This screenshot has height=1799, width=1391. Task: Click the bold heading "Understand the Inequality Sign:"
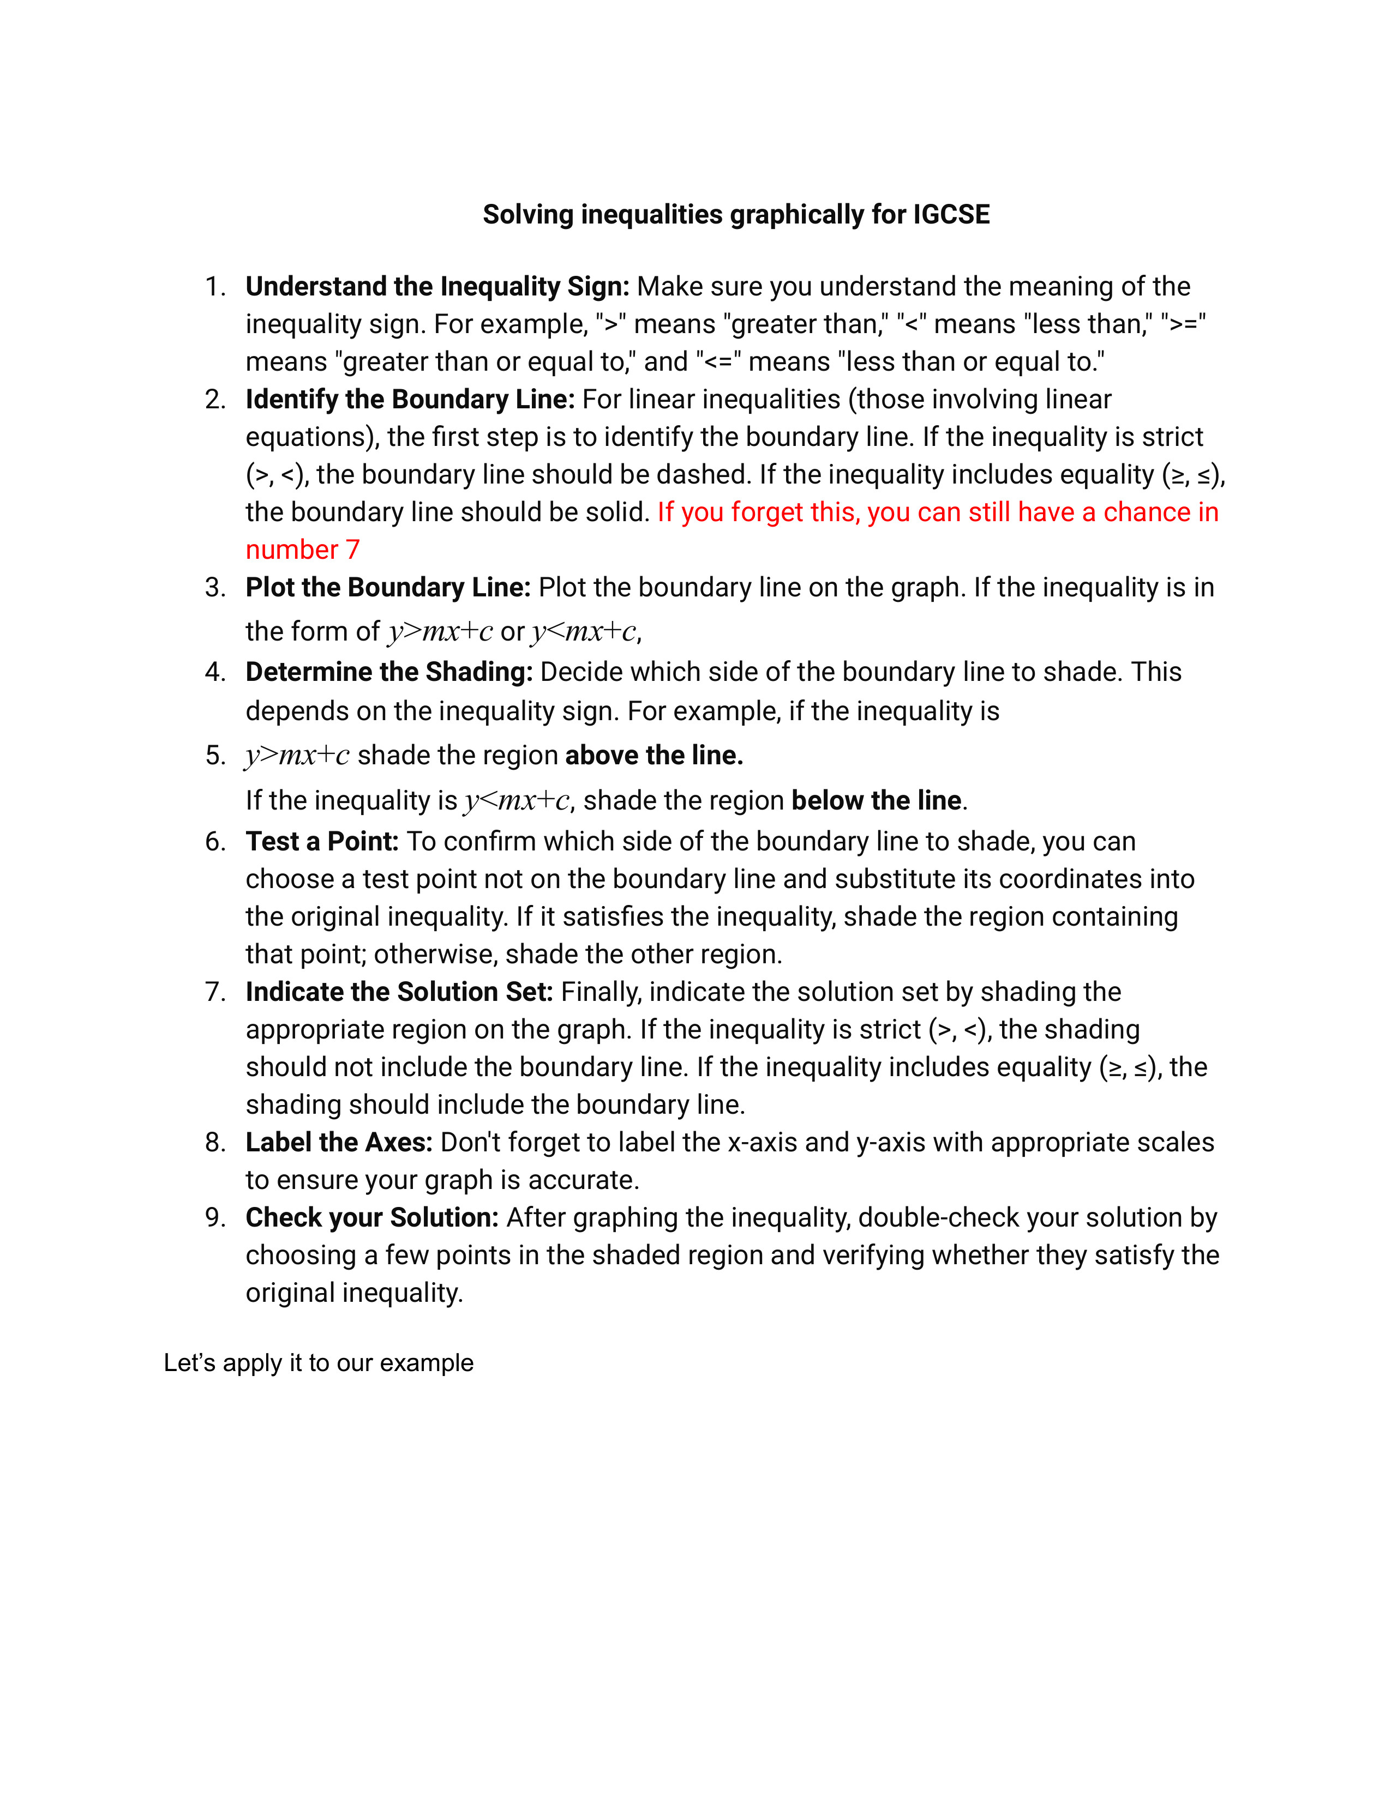click(x=437, y=287)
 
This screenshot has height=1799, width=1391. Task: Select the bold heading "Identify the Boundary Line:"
click(x=410, y=400)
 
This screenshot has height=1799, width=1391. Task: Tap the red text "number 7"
click(x=302, y=550)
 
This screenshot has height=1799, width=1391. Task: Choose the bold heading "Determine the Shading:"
click(x=389, y=672)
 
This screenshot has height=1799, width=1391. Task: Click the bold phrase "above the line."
click(x=654, y=756)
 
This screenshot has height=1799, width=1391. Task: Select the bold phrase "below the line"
click(x=876, y=801)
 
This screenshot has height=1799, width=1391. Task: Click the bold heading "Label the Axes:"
click(x=339, y=1143)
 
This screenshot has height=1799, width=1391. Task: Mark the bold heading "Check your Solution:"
click(x=373, y=1217)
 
